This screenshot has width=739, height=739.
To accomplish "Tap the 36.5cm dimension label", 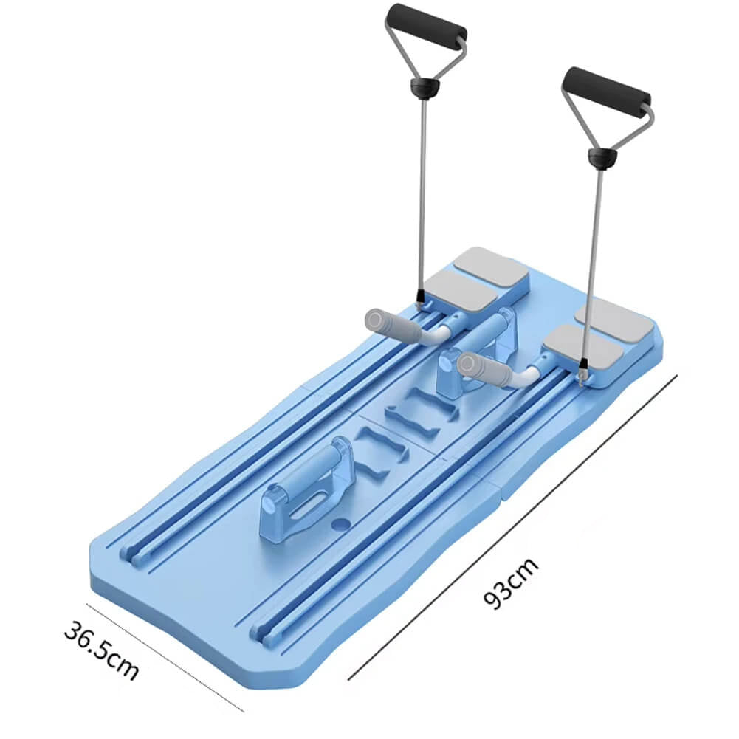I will click(x=101, y=649).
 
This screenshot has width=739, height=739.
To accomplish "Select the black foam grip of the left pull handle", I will click(x=426, y=21).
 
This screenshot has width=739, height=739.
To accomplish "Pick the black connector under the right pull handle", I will click(x=602, y=157).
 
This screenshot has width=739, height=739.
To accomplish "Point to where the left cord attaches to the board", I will click(x=419, y=303).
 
